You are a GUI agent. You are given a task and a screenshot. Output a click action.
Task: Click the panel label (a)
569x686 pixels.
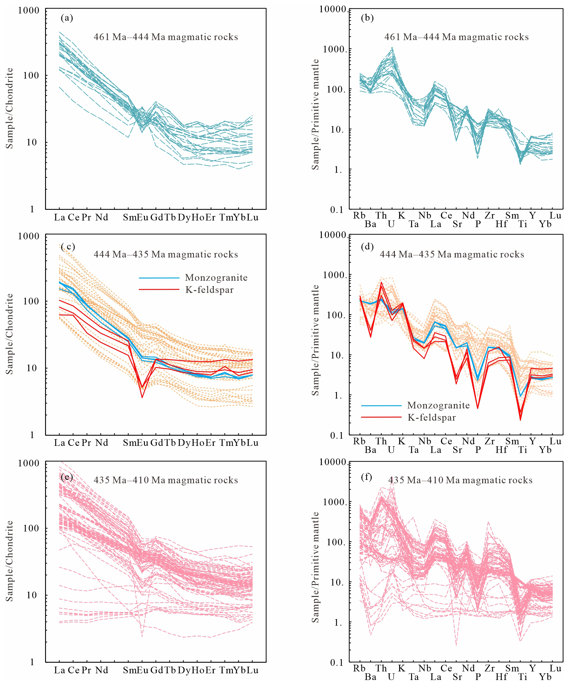[x=67, y=18]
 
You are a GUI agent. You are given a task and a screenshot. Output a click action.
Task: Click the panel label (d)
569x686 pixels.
[x=367, y=246]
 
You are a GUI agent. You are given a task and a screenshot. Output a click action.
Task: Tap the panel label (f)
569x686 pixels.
[x=367, y=477]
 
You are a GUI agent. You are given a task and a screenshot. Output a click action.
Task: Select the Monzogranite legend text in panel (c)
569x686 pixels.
[x=216, y=278]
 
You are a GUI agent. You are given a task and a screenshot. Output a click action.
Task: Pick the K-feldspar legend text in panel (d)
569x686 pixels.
[x=432, y=417]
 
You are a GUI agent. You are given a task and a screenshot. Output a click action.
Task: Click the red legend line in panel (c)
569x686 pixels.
[x=159, y=289]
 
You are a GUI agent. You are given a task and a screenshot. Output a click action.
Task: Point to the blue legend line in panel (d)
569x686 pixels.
[x=381, y=406]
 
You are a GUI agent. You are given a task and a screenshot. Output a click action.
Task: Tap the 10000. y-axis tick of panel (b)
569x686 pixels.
[x=333, y=9]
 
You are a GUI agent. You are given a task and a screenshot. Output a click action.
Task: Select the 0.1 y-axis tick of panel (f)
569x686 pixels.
[x=337, y=663]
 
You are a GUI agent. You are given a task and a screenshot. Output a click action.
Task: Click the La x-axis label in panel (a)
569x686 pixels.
[x=59, y=217]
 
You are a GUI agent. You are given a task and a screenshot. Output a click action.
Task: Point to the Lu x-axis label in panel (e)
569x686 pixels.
[x=252, y=670]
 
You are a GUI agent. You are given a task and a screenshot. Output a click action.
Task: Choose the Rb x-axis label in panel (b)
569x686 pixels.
[x=359, y=216]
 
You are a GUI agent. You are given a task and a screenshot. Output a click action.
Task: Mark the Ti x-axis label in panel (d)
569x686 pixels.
[x=522, y=450]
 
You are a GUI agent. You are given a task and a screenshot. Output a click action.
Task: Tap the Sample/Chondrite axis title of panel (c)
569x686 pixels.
[x=9, y=334]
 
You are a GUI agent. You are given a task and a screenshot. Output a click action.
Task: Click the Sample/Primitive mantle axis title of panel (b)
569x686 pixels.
[x=315, y=114]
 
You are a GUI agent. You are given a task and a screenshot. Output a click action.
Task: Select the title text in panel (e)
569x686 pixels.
[x=166, y=480]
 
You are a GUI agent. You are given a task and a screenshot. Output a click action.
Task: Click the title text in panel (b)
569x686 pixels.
[x=456, y=37]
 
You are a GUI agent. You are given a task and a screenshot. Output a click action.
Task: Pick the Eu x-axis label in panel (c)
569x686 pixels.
[x=142, y=443]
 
